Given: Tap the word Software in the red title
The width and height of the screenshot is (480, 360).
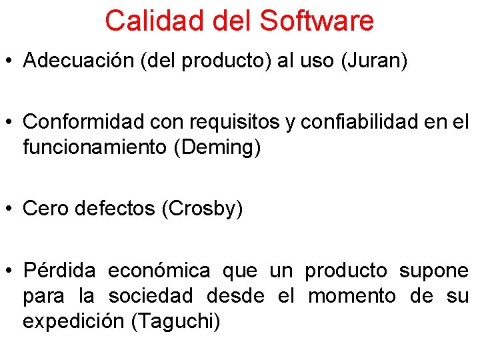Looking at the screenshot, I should pyautogui.click(x=317, y=21).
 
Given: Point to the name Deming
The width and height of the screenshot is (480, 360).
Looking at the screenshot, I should pyautogui.click(x=217, y=147).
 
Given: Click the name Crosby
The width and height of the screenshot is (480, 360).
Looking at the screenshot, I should pyautogui.click(x=203, y=209).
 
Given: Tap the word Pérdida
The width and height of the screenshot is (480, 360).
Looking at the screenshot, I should pyautogui.click(x=59, y=271).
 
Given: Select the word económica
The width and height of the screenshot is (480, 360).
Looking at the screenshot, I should pyautogui.click(x=159, y=271).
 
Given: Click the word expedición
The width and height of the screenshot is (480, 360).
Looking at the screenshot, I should pyautogui.click(x=74, y=321).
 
